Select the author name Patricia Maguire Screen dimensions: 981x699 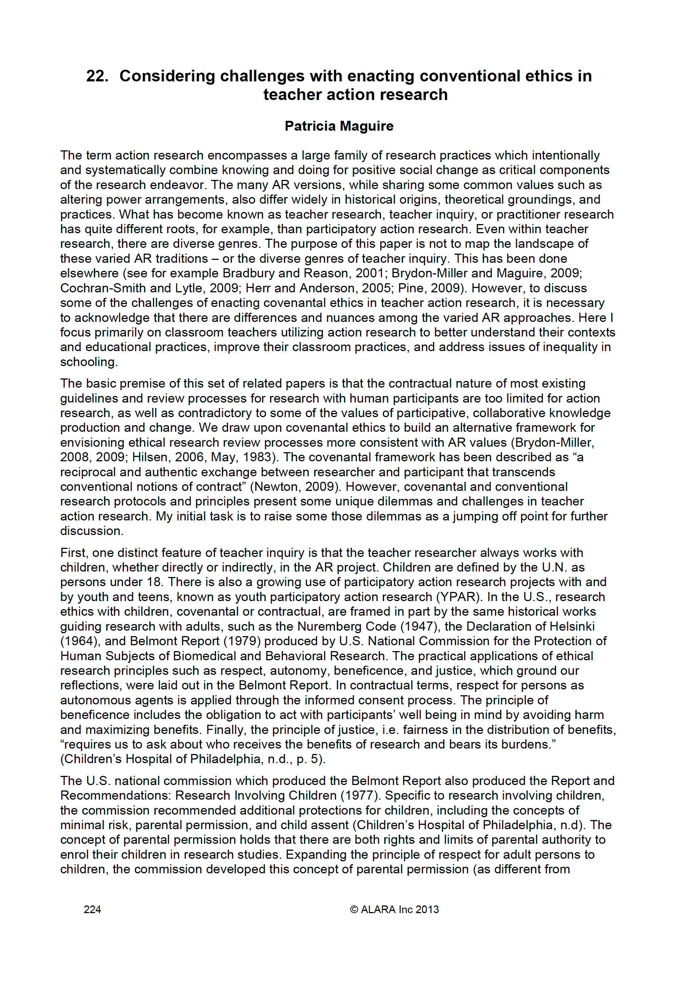(339, 126)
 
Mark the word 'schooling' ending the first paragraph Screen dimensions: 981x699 (88, 362)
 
